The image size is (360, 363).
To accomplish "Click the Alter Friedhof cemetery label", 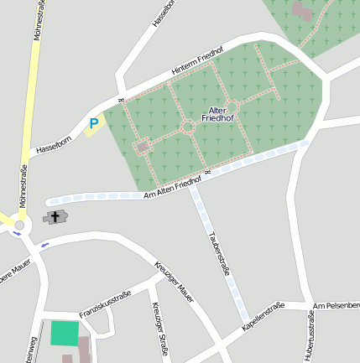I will pyautogui.click(x=218, y=115).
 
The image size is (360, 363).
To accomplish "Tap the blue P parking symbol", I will pyautogui.click(x=94, y=124).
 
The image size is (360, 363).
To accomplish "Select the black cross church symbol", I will pyautogui.click(x=56, y=216).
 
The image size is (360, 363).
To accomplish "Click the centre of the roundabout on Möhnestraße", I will pyautogui.click(x=19, y=226).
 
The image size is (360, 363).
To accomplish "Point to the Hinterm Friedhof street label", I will pyautogui.click(x=197, y=63).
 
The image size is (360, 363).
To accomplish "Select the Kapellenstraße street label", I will pyautogui.click(x=263, y=314).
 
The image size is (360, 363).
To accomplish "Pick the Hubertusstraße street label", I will pyautogui.click(x=309, y=335).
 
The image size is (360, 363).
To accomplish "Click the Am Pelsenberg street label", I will pyautogui.click(x=336, y=304).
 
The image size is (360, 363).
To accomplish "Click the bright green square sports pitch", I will pyautogui.click(x=62, y=333).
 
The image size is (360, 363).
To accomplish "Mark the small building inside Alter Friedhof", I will pyautogui.click(x=142, y=147).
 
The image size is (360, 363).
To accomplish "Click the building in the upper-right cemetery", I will pyautogui.click(x=302, y=11).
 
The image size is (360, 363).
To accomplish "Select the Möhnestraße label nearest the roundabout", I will pyautogui.click(x=23, y=186).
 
